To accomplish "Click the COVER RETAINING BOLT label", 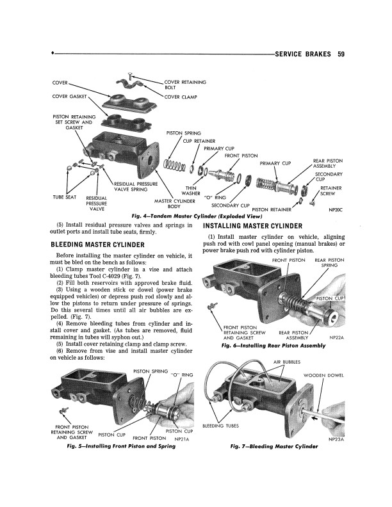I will point(185,85).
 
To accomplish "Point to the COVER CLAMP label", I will point(181,97).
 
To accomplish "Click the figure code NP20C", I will point(336,209).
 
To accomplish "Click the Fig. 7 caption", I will point(274,446).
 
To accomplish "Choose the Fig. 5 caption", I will point(117,446).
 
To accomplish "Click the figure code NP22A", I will point(336,337).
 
